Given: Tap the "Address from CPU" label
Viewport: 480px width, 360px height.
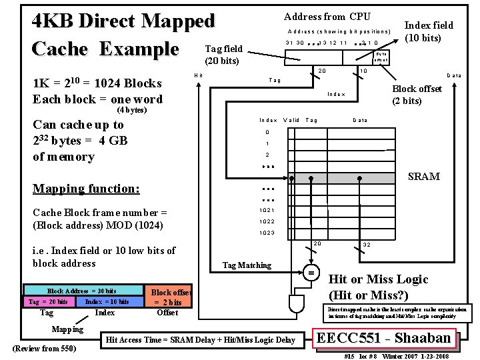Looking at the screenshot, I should tap(327, 16).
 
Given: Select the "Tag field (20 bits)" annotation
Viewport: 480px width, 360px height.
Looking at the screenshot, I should tap(223, 55).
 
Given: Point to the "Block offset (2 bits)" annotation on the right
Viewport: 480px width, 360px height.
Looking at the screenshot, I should tap(416, 95).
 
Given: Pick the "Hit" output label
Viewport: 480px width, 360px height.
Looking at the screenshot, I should tap(198, 75).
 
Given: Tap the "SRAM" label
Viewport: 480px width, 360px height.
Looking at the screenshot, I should tap(424, 177).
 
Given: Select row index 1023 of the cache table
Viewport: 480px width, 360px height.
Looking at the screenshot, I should tap(267, 233).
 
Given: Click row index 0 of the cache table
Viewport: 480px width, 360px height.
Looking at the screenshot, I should tap(267, 131).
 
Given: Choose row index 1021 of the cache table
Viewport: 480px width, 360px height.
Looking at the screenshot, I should tap(267, 211).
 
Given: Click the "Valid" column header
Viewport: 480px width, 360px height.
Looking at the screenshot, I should tap(291, 120).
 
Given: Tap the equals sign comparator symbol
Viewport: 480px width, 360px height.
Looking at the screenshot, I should tap(311, 273).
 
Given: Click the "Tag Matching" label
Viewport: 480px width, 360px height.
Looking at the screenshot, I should tap(247, 265).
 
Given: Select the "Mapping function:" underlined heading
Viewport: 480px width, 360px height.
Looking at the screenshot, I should tap(87, 189).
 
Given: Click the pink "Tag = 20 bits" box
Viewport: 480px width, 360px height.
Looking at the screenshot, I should tap(48, 302).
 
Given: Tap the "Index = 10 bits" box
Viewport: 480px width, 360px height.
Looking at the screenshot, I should tap(107, 302).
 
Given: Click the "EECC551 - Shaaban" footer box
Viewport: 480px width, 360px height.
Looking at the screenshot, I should tap(384, 338).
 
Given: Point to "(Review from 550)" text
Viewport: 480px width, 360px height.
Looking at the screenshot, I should tap(44, 349).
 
